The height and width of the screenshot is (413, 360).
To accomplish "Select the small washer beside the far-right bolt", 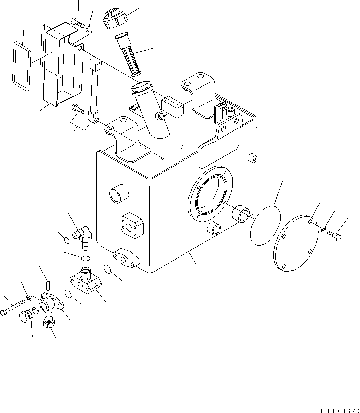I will tap(323, 229).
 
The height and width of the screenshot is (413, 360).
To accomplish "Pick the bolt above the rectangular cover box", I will tap(76, 21).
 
